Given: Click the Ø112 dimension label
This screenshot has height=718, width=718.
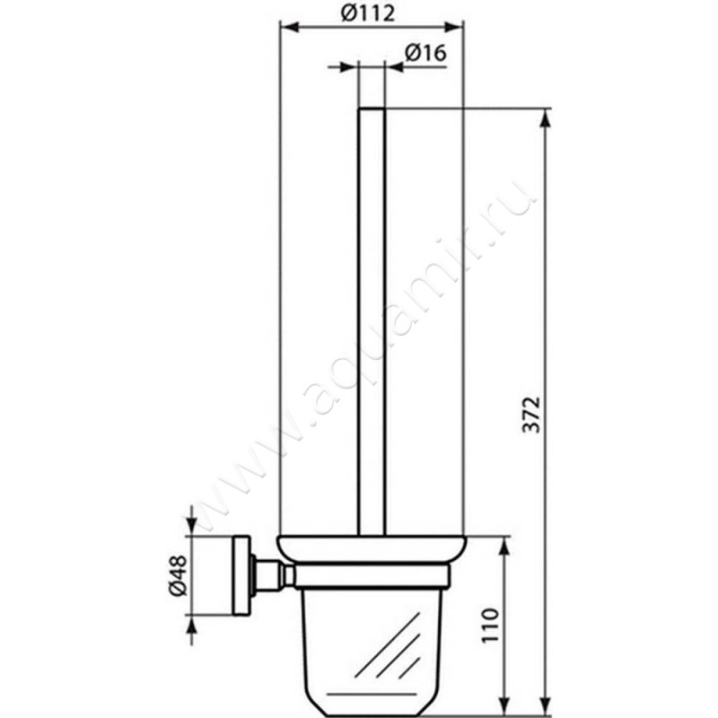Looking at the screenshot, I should click(371, 13).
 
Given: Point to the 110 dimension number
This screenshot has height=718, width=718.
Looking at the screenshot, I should click(490, 626).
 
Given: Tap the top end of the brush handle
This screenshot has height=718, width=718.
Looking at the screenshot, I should click(372, 111).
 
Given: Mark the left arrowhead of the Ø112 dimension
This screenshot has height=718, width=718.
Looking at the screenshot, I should click(287, 27).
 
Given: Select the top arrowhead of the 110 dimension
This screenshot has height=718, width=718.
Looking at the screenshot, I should click(506, 545).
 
